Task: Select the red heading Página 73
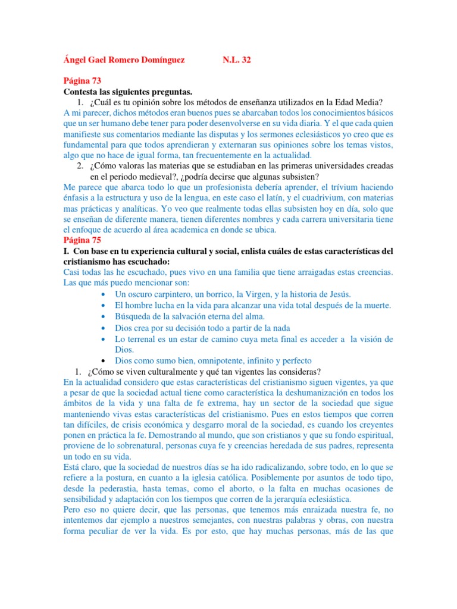[83, 81]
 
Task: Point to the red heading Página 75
[83, 240]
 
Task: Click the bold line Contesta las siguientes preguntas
[128, 92]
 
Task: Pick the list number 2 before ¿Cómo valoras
[80, 166]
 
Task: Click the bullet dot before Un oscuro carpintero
[104, 295]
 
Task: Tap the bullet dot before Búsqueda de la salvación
[104, 316]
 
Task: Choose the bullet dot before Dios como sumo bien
[104, 361]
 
